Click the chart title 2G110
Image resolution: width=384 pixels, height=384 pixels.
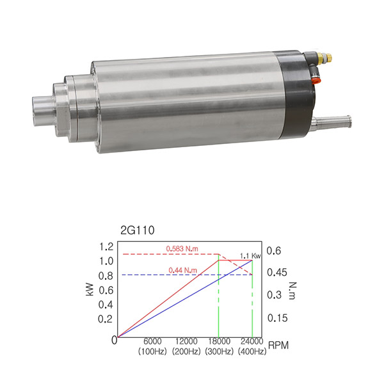pos(138,230)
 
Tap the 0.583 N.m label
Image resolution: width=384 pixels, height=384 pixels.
pos(182,249)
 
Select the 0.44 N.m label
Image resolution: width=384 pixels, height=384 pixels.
pos(182,270)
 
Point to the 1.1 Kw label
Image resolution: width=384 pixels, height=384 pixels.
pos(250,256)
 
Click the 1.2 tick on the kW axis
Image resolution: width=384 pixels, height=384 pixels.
pos(106,246)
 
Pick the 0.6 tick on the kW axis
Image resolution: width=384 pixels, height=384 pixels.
pos(106,291)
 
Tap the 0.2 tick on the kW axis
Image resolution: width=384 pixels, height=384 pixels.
pos(106,319)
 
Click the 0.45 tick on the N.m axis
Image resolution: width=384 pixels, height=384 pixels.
pos(277,273)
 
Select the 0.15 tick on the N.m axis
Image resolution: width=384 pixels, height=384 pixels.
pos(278,318)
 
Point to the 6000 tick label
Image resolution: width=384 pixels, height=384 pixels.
pos(152,341)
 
